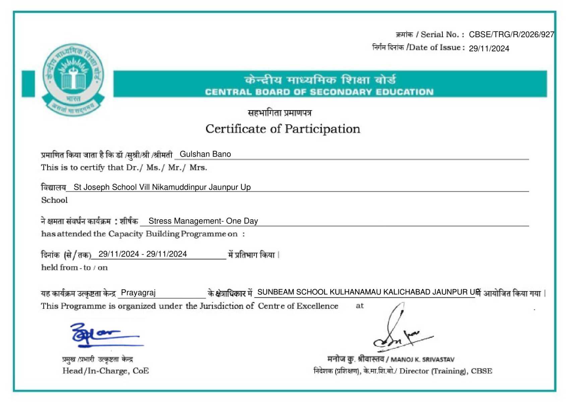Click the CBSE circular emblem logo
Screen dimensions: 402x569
pyautogui.click(x=73, y=79)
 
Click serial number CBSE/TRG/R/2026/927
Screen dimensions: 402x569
pyautogui.click(x=511, y=35)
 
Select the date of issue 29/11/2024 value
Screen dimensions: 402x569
pyautogui.click(x=489, y=49)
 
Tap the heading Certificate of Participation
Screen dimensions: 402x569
pyautogui.click(x=282, y=129)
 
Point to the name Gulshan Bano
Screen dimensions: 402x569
pyautogui.click(x=205, y=154)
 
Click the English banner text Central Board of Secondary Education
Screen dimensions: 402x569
pyautogui.click(x=319, y=92)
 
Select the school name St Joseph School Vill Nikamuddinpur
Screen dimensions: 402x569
pyautogui.click(x=162, y=187)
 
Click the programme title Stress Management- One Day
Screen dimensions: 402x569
pyautogui.click(x=203, y=221)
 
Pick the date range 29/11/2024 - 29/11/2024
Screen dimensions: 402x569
pyautogui.click(x=142, y=254)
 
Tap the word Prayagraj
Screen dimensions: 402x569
pyautogui.click(x=138, y=292)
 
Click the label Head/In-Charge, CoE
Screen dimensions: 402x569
pyautogui.click(x=106, y=371)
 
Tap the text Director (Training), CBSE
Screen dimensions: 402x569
pyautogui.click(x=445, y=371)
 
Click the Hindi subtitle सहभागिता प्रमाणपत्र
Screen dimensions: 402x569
pyautogui.click(x=279, y=113)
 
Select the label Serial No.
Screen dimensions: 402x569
pyautogui.click(x=442, y=35)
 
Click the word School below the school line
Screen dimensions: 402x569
pyautogui.click(x=54, y=200)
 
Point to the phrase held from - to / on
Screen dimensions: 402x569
pyautogui.click(x=74, y=268)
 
